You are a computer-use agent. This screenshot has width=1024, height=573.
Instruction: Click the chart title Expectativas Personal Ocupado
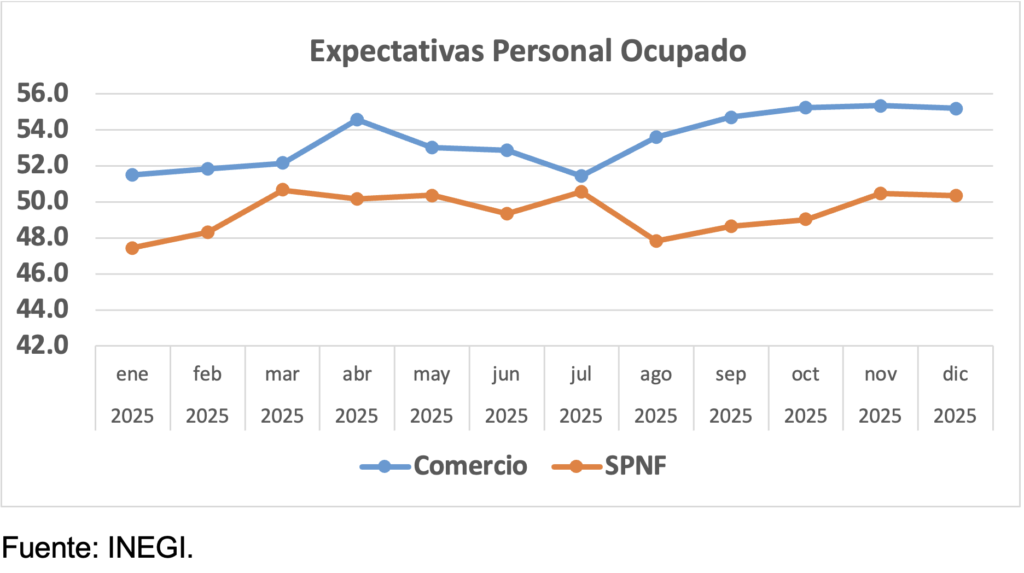click(x=527, y=51)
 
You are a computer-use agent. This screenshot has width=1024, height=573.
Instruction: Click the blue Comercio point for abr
click(x=357, y=120)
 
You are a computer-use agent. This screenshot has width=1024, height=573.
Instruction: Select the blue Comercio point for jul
click(x=581, y=176)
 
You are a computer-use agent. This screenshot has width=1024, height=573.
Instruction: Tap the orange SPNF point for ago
click(x=656, y=241)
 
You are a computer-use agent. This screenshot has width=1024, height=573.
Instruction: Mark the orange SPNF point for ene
click(x=132, y=248)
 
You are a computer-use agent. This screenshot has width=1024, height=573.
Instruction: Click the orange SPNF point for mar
click(x=282, y=190)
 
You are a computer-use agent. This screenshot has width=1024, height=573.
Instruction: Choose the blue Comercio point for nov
click(x=880, y=105)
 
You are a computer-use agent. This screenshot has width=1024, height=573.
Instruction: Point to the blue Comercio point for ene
click(x=132, y=175)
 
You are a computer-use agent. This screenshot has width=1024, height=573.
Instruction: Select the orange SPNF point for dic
click(x=955, y=196)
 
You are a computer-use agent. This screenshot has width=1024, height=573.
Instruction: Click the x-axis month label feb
click(x=207, y=375)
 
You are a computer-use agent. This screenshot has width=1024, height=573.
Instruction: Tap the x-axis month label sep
click(x=731, y=375)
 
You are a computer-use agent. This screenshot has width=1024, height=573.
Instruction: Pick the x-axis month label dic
click(x=955, y=375)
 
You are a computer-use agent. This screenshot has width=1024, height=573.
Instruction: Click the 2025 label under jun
click(x=506, y=414)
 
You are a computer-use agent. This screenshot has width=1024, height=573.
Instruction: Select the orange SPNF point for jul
click(x=581, y=191)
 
